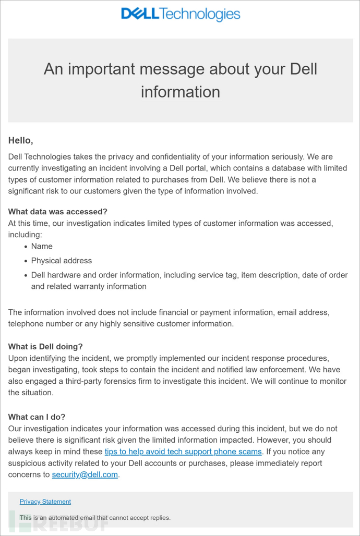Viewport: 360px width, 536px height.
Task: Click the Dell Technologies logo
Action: (x=181, y=15)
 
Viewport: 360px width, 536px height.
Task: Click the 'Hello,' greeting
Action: (x=21, y=141)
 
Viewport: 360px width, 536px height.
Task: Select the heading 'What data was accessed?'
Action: (x=57, y=212)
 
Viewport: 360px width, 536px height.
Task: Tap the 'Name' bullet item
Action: (x=42, y=246)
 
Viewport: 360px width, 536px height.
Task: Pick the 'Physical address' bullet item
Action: (x=61, y=261)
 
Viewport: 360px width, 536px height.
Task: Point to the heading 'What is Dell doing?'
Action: (x=45, y=347)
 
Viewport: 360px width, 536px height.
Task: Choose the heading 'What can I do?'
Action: (x=37, y=417)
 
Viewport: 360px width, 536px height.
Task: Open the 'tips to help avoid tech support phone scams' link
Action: (x=183, y=452)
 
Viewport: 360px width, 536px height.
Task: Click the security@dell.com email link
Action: (x=85, y=474)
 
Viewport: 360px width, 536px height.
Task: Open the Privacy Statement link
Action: (x=45, y=502)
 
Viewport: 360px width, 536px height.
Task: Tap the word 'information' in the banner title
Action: (x=181, y=92)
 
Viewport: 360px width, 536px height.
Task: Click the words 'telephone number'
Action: (x=40, y=324)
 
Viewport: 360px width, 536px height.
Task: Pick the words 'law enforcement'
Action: (x=276, y=370)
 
